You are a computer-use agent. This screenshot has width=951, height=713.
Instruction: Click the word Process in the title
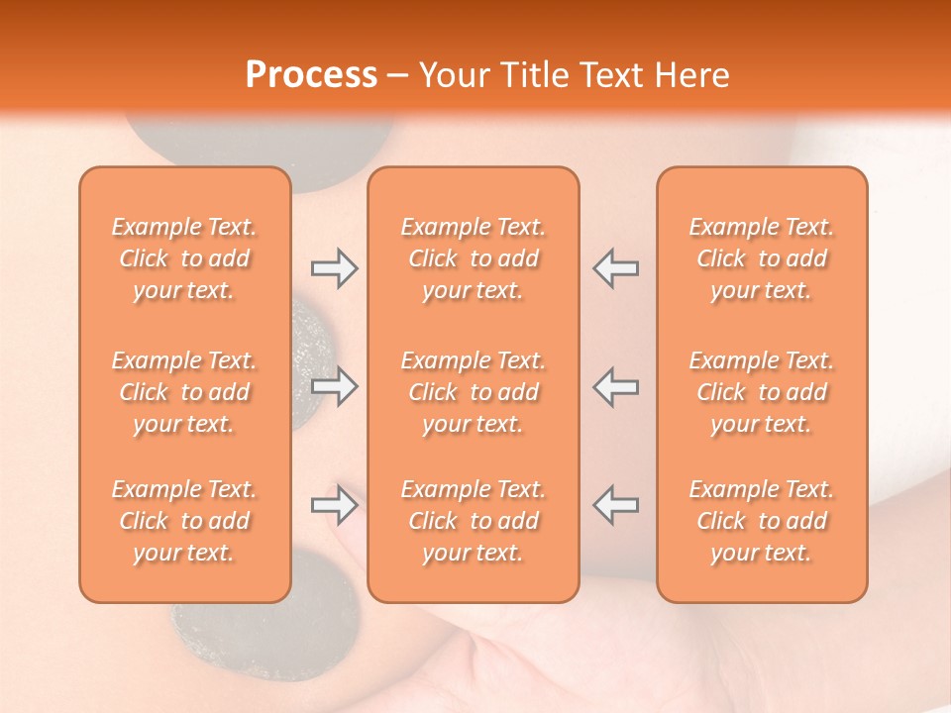point(311,75)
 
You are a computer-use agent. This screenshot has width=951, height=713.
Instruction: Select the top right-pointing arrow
point(334,268)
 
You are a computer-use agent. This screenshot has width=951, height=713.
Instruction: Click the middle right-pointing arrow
point(334,386)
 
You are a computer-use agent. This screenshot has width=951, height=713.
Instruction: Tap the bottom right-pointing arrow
point(334,505)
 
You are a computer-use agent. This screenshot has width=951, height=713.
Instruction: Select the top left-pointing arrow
point(615,268)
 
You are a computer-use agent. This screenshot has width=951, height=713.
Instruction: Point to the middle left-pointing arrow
point(615,386)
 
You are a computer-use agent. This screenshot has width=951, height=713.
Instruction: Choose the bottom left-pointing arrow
point(615,505)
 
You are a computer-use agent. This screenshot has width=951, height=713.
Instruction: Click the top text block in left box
point(184,258)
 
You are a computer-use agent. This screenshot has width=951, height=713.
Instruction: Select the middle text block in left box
point(184,392)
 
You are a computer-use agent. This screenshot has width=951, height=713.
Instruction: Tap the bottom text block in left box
point(184,521)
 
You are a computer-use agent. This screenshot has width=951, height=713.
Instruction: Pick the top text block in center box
point(473,258)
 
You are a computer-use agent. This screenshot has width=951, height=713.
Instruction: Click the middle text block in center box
point(473,392)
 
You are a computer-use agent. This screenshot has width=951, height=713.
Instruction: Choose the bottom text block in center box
point(473,521)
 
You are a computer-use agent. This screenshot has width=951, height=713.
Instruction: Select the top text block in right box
point(762,258)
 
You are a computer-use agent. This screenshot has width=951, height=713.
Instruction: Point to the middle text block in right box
point(762,392)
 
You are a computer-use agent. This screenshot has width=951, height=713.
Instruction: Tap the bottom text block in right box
point(762,521)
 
